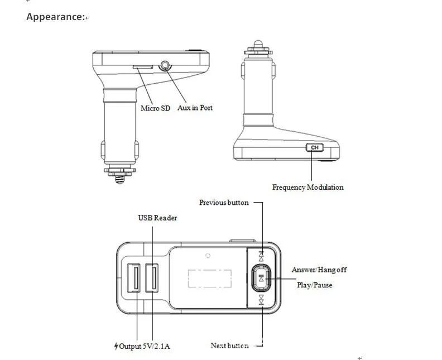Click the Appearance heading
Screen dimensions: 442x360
pyautogui.click(x=56, y=17)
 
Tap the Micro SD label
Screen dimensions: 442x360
pyautogui.click(x=155, y=108)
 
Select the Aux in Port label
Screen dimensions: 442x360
pyautogui.click(x=195, y=108)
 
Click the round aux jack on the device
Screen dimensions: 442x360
pyautogui.click(x=165, y=66)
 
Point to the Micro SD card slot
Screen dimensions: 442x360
pyautogui.click(x=143, y=67)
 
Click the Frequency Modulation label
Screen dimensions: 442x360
pyautogui.click(x=308, y=187)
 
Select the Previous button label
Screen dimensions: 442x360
pyautogui.click(x=224, y=203)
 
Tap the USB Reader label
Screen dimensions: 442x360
pyautogui.click(x=157, y=218)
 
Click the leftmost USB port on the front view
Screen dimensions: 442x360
pyautogui.click(x=133, y=278)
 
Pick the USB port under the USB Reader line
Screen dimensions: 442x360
pyautogui.click(x=152, y=278)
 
